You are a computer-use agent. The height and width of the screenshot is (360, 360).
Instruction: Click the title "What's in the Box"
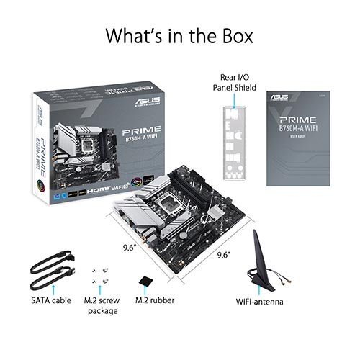click(180, 34)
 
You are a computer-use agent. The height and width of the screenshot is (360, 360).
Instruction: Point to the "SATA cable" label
click(50, 300)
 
